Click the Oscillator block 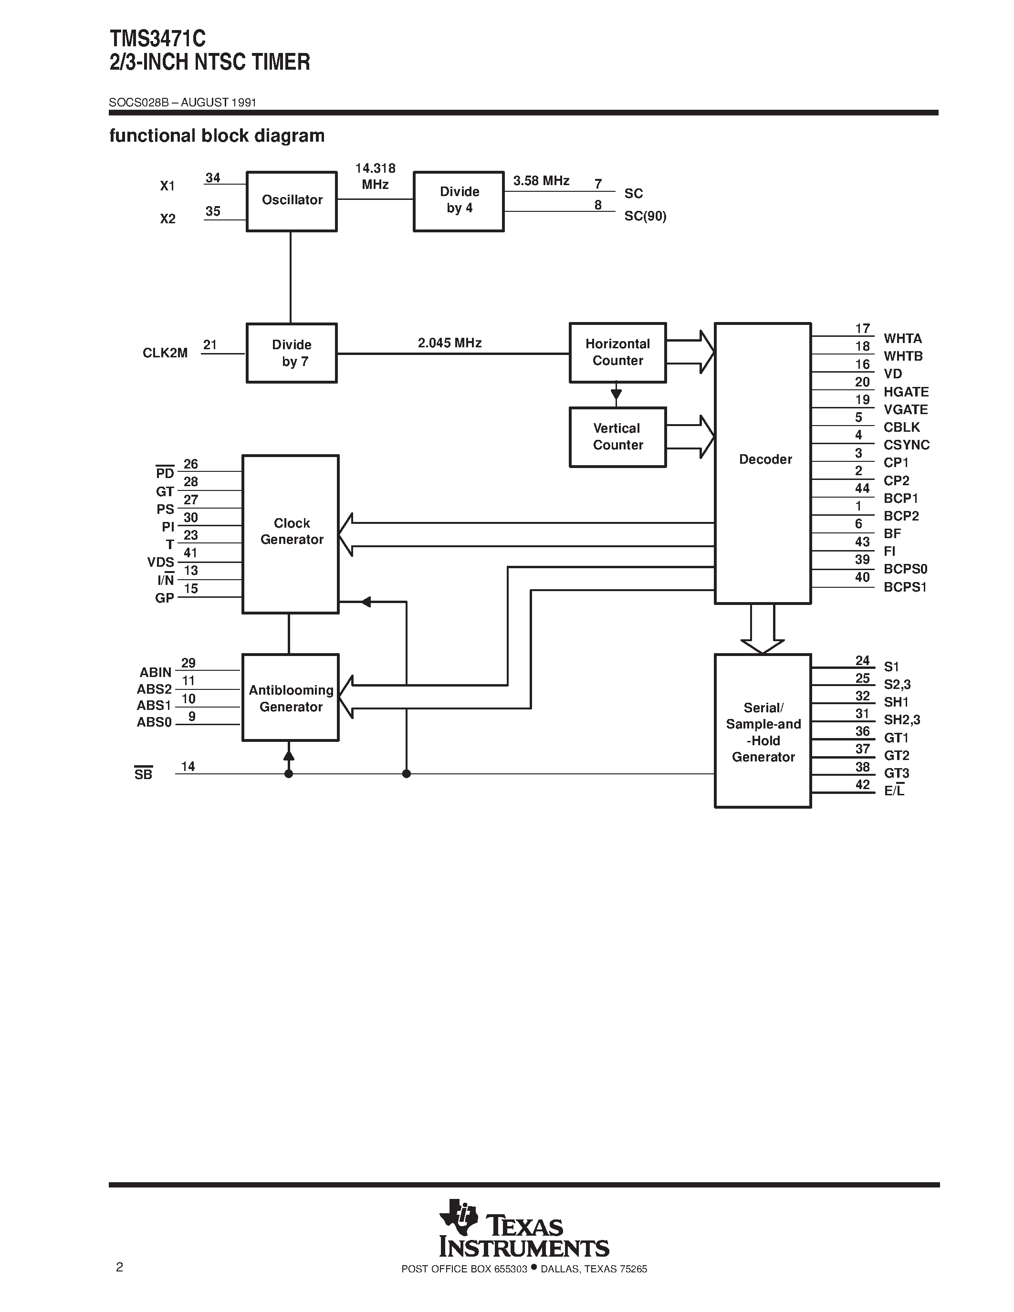292,201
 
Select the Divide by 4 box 459,201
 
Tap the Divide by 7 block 292,353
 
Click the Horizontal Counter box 617,353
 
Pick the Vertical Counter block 617,437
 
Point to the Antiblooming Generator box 291,698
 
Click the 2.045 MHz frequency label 450,343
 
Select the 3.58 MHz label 541,181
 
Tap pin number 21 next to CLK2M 209,345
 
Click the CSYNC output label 906,445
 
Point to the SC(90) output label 645,216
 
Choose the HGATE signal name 906,392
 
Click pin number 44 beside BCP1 862,489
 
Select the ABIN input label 156,672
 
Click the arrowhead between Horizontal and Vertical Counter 616,395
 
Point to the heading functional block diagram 217,136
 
